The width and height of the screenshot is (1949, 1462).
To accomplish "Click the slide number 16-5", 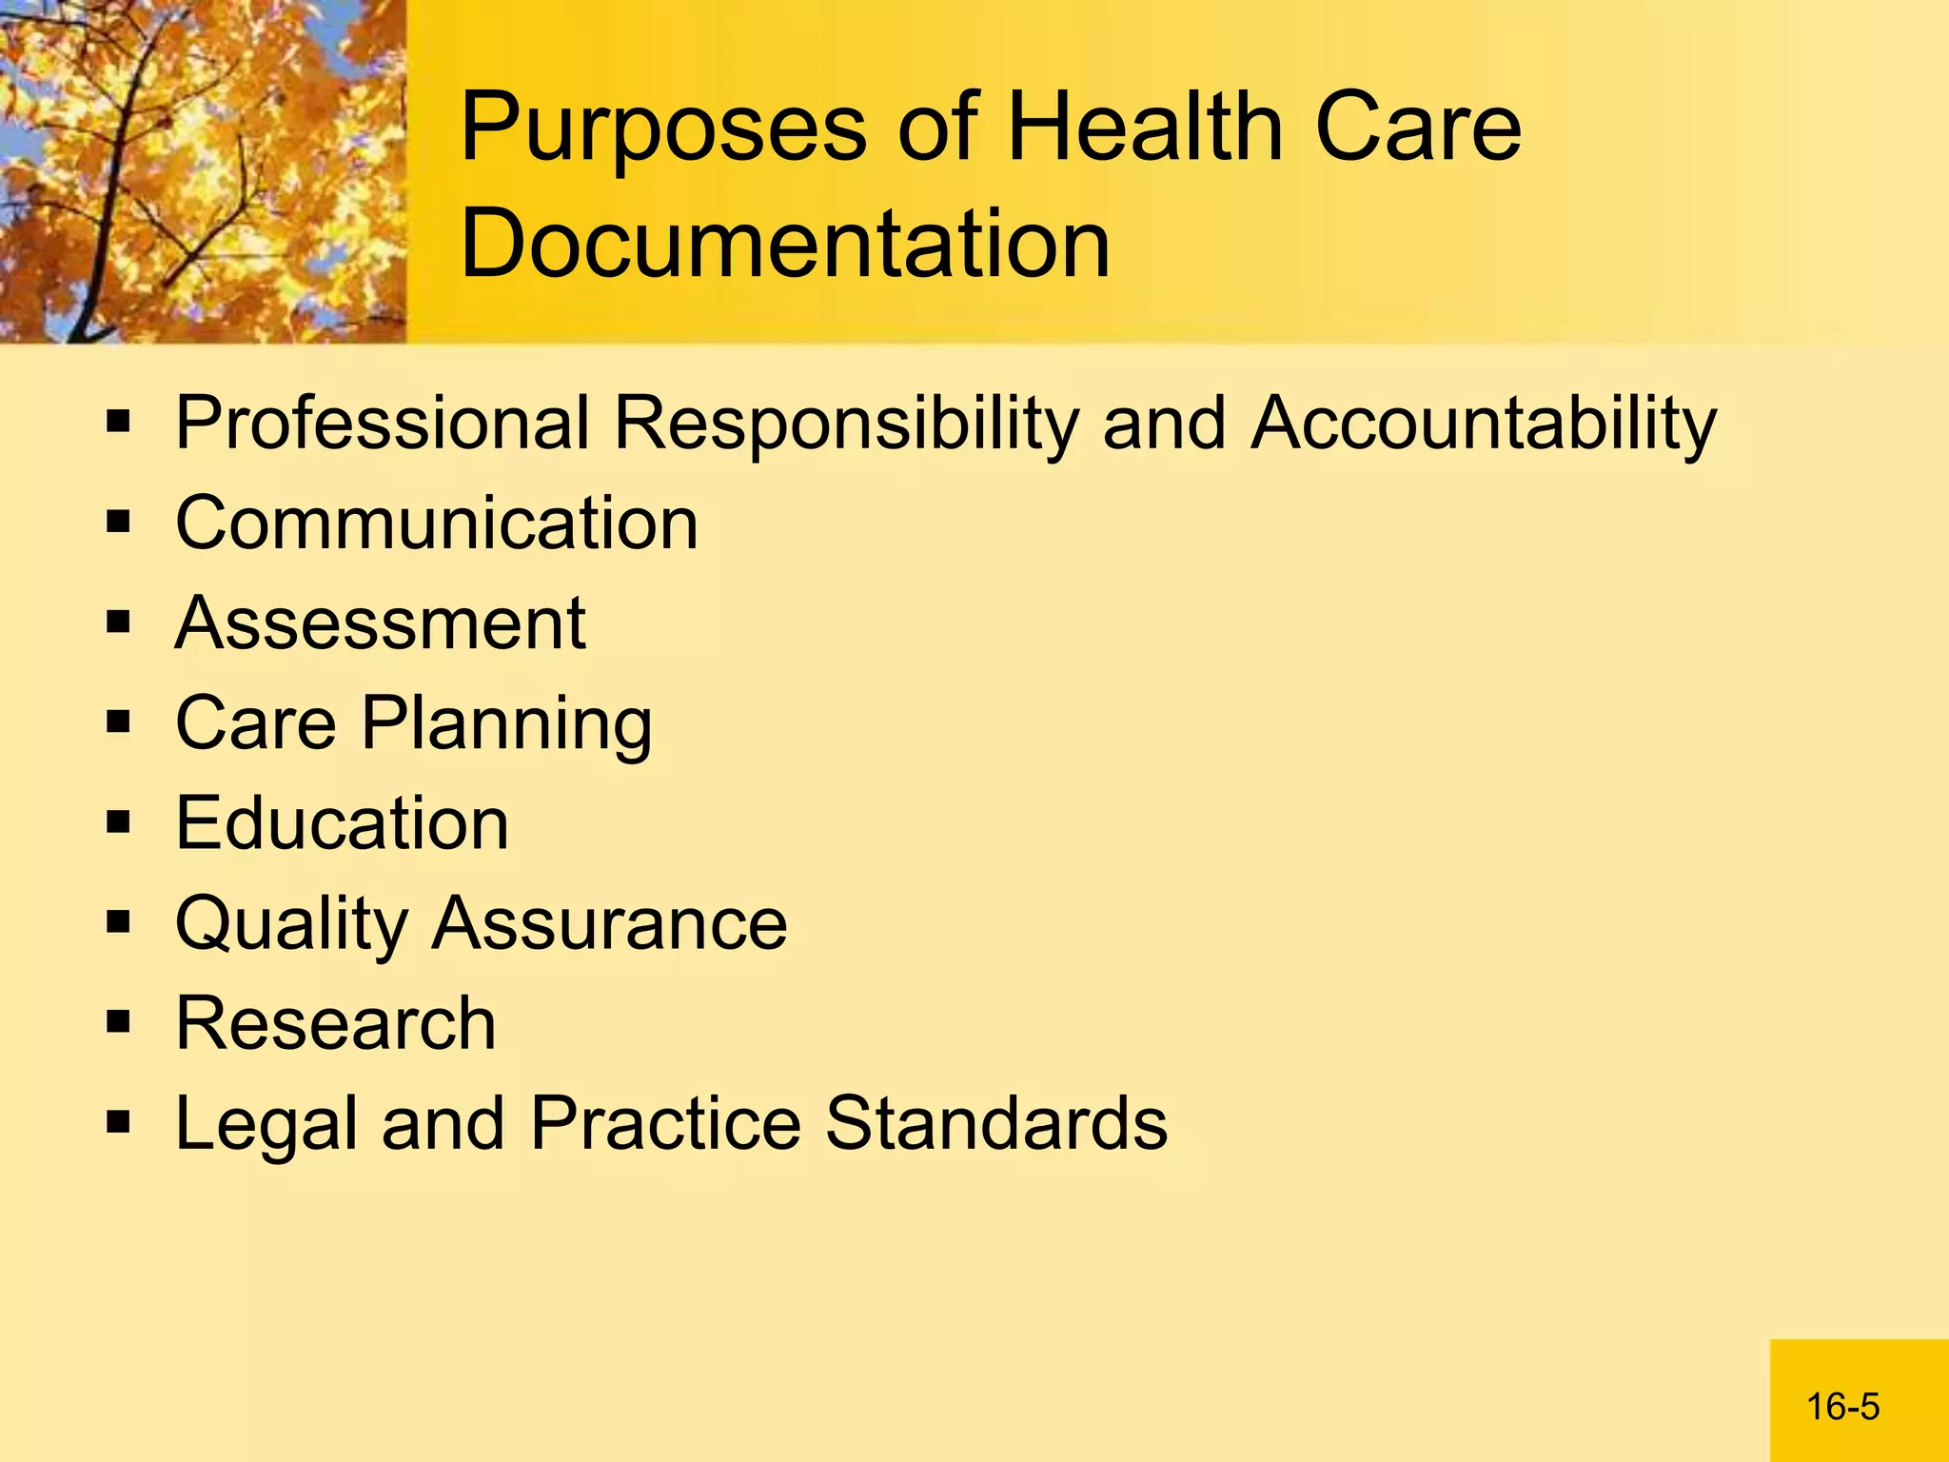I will click(1842, 1407).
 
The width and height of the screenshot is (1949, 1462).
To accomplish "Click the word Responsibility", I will click(846, 425).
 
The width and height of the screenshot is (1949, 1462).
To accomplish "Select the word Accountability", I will click(1484, 425).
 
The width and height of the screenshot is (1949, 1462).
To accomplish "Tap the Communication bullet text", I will click(437, 523).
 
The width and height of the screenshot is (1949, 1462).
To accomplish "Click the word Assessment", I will click(381, 623).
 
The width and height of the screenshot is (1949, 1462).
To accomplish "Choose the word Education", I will click(343, 823).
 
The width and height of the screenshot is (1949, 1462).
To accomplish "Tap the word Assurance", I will click(610, 923).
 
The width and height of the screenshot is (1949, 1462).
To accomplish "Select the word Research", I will click(336, 1023).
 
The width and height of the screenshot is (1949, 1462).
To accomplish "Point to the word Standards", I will click(995, 1123).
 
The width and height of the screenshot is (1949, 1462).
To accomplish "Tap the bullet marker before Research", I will click(118, 1022).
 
